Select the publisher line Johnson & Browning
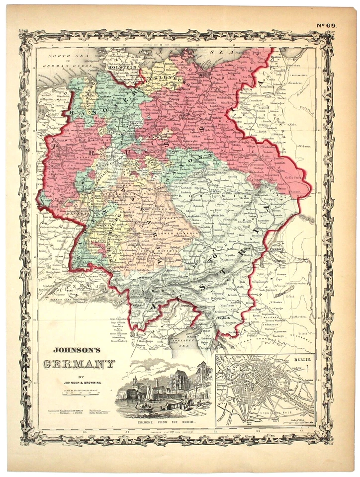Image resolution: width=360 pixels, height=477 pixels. (79, 383)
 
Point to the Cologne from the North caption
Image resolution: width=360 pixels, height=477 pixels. (164, 421)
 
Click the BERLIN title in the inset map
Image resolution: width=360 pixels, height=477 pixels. (303, 358)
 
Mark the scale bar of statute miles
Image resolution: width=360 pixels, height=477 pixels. (79, 394)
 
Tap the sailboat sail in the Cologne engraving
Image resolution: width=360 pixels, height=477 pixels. (149, 393)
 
